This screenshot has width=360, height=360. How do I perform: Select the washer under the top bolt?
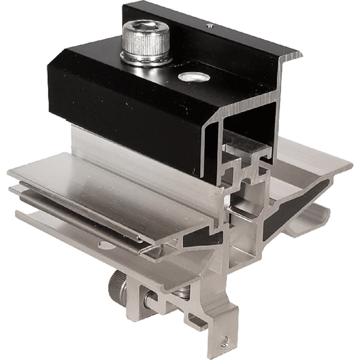(147, 60)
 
